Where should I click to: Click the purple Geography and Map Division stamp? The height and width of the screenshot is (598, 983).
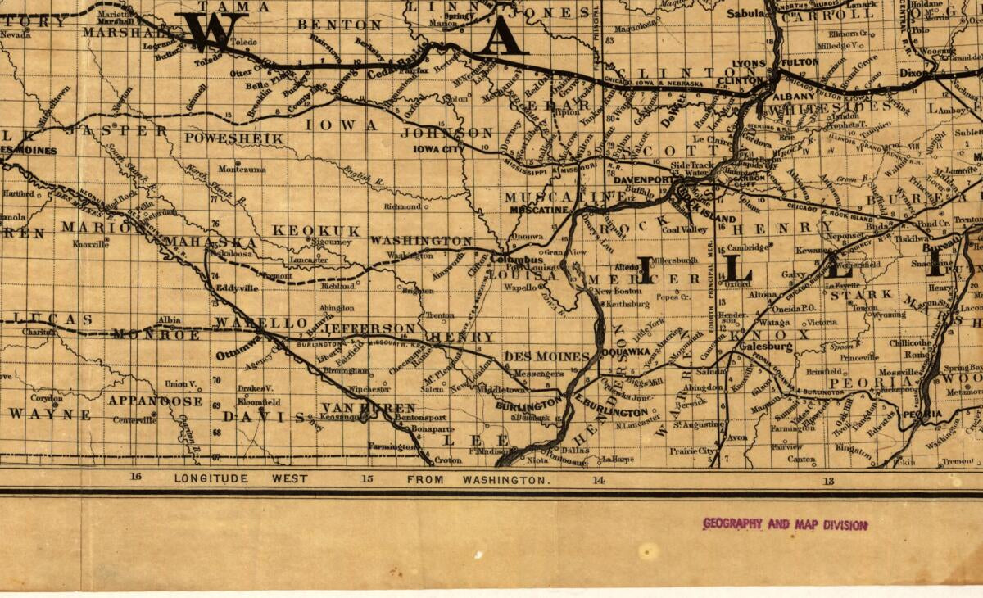785,524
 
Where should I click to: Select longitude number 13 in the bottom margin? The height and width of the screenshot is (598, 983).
829,481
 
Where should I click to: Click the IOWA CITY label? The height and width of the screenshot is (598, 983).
438,150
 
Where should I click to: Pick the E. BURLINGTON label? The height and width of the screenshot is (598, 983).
611,411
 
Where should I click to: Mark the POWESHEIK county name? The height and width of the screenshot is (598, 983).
233,138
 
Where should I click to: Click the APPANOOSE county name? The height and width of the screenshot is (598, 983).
155,401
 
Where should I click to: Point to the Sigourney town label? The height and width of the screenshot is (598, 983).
332,242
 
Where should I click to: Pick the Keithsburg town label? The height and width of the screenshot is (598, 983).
629,304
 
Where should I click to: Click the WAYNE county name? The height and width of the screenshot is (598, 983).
50,415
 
